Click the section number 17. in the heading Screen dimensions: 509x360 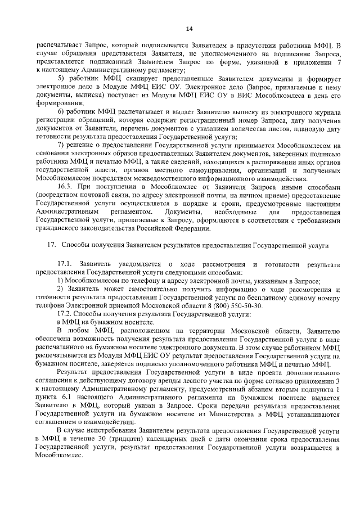51,246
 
